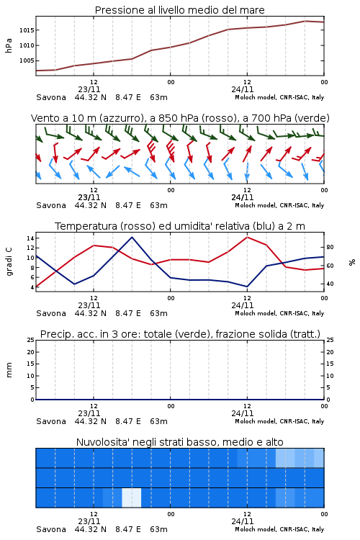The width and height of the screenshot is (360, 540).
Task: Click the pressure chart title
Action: click(x=179, y=10)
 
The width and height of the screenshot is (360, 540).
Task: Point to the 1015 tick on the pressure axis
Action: click(x=27, y=30)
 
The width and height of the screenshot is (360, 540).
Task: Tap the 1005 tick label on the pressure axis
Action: click(x=27, y=60)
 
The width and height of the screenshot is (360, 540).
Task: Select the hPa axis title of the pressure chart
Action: click(x=9, y=45)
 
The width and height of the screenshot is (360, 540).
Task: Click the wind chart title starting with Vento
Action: click(x=180, y=118)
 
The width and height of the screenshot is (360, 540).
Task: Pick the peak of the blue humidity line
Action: click(x=132, y=237)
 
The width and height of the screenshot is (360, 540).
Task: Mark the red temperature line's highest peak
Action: click(x=247, y=237)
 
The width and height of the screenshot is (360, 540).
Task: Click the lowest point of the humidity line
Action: click(x=247, y=287)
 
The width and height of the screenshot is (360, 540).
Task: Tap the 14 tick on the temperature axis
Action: click(x=30, y=238)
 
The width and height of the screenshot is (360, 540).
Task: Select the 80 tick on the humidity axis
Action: click(x=330, y=247)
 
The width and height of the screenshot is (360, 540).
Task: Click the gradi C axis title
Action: click(x=9, y=261)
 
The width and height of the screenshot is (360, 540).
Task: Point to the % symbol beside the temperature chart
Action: click(x=352, y=262)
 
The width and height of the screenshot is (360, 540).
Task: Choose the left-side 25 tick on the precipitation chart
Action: click(x=31, y=340)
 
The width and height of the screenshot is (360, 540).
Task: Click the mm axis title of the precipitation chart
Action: click(x=9, y=370)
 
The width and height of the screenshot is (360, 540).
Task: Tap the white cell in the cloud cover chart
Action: click(x=132, y=498)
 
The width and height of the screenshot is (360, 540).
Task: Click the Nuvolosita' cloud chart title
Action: click(x=179, y=442)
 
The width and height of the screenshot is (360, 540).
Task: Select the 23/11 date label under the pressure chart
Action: click(x=89, y=89)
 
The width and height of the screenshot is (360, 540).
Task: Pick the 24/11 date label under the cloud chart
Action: click(x=243, y=521)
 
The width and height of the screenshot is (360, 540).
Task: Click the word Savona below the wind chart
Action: click(x=51, y=206)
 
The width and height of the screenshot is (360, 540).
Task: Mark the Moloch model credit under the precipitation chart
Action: click(x=279, y=421)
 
